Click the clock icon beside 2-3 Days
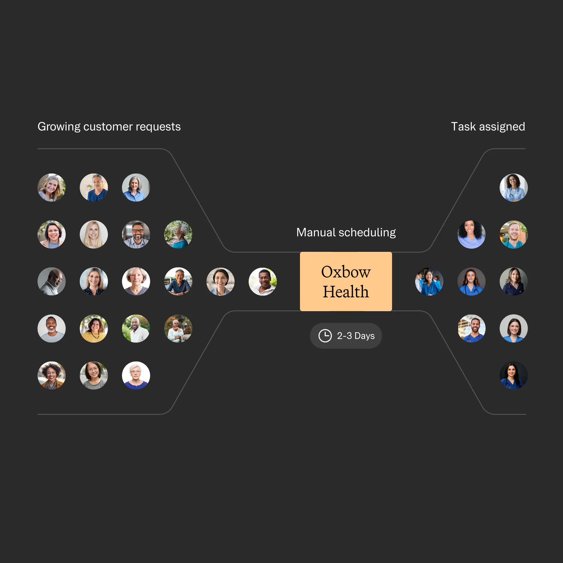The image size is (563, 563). [325, 336]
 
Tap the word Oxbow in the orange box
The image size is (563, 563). [346, 272]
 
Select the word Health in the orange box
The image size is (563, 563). [346, 292]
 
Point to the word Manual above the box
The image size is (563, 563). [316, 233]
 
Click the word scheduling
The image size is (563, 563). [367, 233]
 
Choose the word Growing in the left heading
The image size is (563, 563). [59, 127]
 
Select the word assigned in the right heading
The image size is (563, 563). [502, 127]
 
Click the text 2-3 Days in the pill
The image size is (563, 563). [356, 336]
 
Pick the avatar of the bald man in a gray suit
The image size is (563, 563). [52, 281]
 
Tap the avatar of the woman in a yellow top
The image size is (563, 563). [94, 328]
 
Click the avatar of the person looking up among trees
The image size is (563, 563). [178, 235]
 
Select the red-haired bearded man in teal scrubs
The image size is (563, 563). [514, 235]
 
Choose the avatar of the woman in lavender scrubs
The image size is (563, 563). [472, 235]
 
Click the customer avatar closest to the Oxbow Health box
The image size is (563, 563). [263, 281]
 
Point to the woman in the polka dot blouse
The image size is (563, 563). [94, 281]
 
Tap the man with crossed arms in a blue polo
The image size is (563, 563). [178, 281]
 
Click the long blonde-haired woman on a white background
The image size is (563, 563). [94, 235]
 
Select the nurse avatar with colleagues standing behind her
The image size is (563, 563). [429, 281]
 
